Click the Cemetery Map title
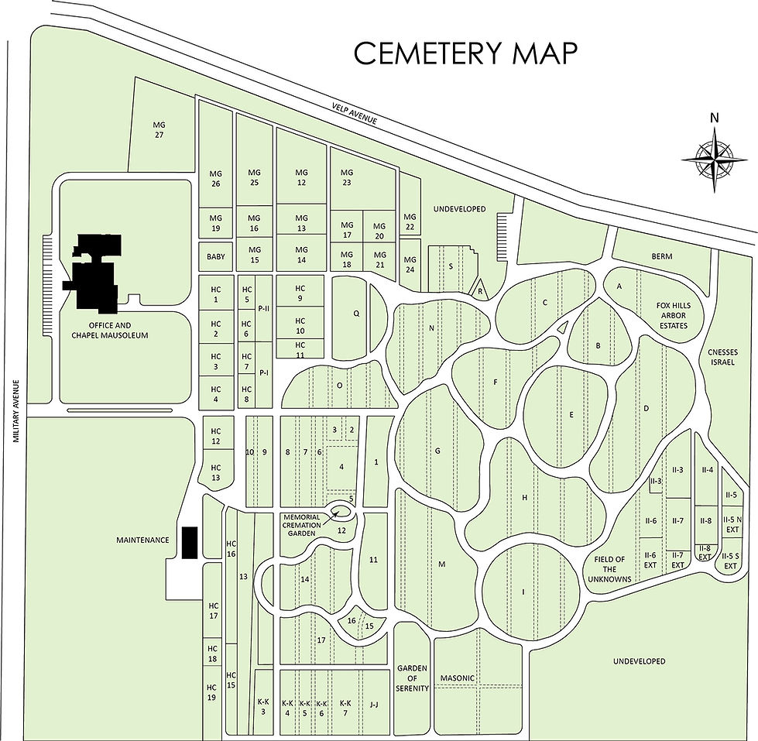click(x=465, y=53)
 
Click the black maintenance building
click(x=189, y=542)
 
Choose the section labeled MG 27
click(x=159, y=129)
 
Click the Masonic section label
click(x=457, y=678)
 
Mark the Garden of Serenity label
click(x=413, y=678)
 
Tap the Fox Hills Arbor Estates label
click(x=672, y=315)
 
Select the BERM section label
click(x=662, y=256)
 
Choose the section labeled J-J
click(x=374, y=704)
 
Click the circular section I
click(x=523, y=592)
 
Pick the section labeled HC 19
click(x=211, y=692)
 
